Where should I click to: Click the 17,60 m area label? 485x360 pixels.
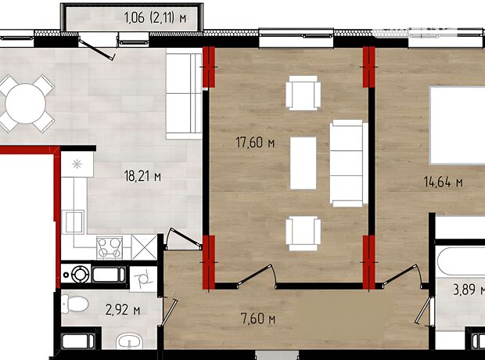[x=255, y=142]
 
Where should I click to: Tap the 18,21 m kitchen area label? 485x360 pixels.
[x=142, y=176]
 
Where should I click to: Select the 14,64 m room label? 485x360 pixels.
[x=444, y=182]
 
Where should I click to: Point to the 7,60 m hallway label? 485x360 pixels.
[x=258, y=319]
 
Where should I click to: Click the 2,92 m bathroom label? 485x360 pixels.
[x=123, y=310]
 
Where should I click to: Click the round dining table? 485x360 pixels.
[x=26, y=104]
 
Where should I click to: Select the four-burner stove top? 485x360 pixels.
[x=110, y=247]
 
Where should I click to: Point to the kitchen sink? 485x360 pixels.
[x=73, y=221]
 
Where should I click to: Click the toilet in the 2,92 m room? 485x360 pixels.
[x=74, y=304]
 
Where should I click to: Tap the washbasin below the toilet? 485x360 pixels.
[x=130, y=341]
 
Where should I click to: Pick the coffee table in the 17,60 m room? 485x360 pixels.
[x=304, y=163]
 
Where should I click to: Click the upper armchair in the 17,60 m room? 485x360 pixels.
[x=304, y=93]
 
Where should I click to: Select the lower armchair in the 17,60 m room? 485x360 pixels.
[x=304, y=233]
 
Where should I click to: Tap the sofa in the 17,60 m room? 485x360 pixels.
[x=349, y=163]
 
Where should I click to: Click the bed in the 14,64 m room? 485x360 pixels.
[x=458, y=125]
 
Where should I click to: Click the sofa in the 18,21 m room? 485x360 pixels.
[x=184, y=96]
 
